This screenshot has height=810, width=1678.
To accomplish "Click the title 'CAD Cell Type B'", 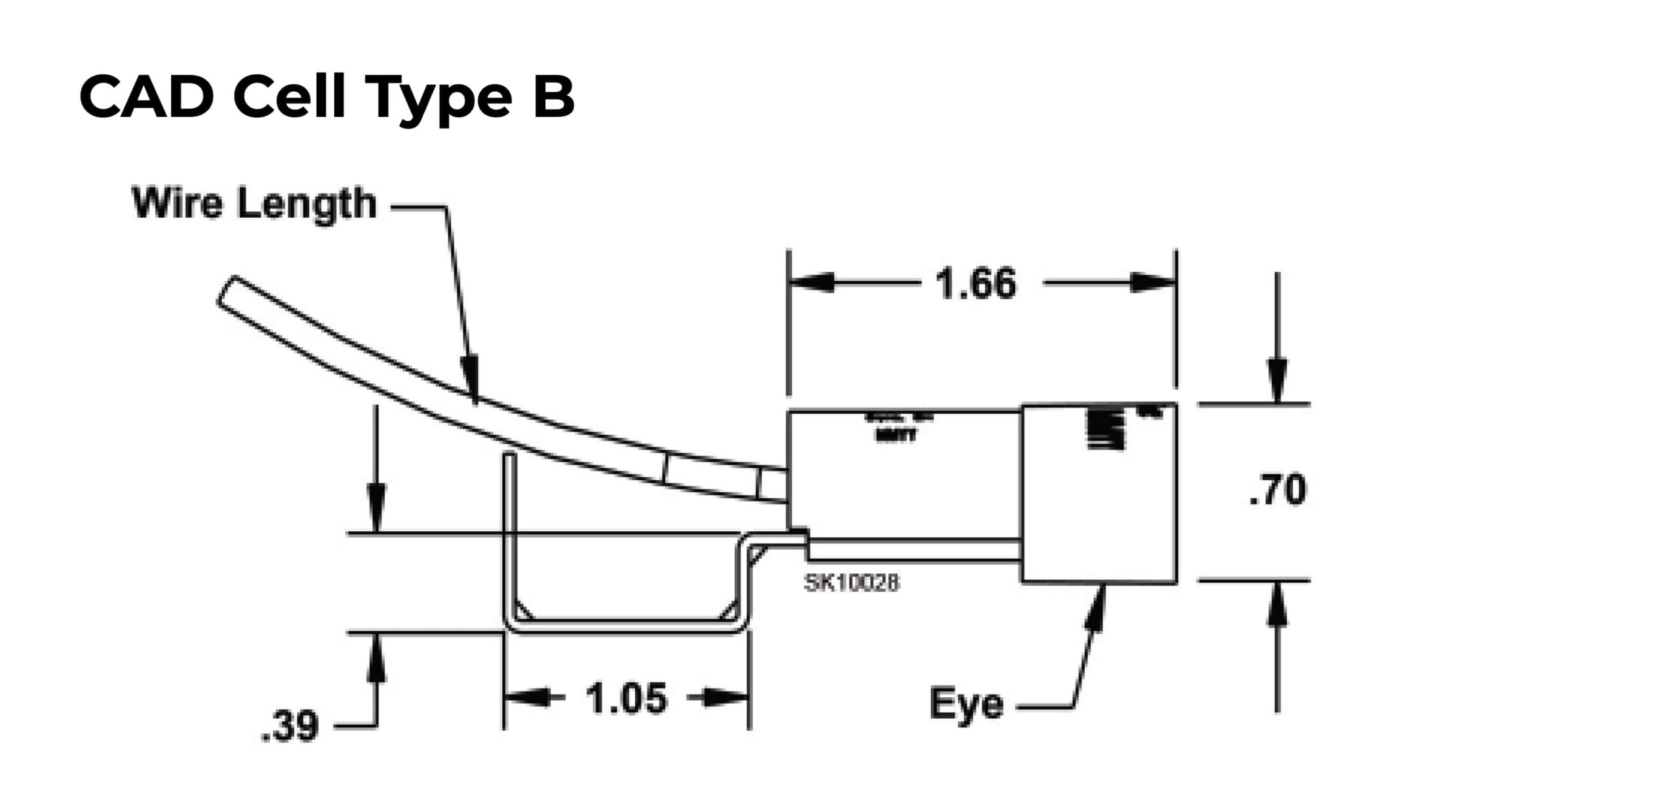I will click(326, 97).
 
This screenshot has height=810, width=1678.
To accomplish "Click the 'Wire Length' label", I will click(254, 203).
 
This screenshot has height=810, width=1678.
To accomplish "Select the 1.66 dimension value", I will click(975, 284).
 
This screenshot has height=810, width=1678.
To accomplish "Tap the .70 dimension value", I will click(1277, 490).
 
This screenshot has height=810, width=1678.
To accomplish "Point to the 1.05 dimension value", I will click(626, 698).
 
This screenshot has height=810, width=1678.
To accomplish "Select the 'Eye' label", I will click(966, 704).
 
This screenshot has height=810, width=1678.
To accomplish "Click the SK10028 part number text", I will click(851, 582).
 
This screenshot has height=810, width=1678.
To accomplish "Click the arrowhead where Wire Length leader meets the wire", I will click(471, 380).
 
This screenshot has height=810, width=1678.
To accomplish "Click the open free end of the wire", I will click(225, 291).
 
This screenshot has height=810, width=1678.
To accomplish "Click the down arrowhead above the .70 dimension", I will click(1277, 380).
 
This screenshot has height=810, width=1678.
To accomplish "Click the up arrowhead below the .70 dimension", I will click(1277, 603).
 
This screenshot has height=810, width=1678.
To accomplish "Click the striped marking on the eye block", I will click(1105, 430).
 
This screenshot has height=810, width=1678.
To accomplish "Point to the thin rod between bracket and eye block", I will click(914, 550).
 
